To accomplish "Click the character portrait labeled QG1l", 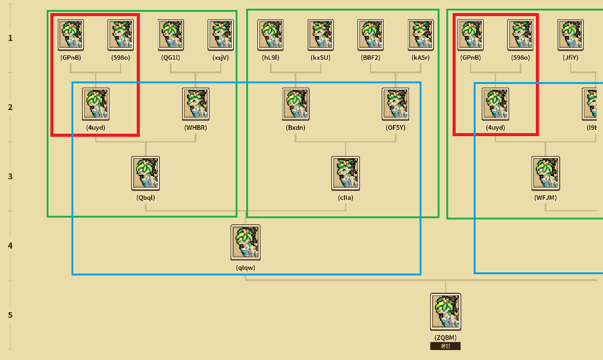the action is pos(171,35).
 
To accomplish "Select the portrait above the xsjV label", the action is pos(221,35).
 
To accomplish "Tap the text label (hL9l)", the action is pos(271,58).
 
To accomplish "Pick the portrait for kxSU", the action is pos(321,35).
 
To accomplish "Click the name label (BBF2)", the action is pos(371,58).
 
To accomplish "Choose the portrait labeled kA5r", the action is pos(421,35).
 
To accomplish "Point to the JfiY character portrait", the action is pos(571,35).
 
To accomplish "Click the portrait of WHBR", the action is pos(196,104).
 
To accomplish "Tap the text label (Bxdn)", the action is pos(296,127).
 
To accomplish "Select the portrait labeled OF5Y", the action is pos(396,104).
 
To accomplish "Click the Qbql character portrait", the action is pos(145,173).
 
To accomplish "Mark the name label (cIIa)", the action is pos(346,198).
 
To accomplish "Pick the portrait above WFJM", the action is pos(546,173).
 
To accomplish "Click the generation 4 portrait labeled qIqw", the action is pos(246,242).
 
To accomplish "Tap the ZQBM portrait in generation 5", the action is pos(446,312).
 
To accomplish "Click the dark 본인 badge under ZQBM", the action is pos(445,346).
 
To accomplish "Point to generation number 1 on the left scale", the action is pos(11,38).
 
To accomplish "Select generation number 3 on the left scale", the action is pos(11,177).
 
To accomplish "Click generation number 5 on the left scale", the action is pos(11,315).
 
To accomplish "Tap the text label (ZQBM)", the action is pos(446,338).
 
